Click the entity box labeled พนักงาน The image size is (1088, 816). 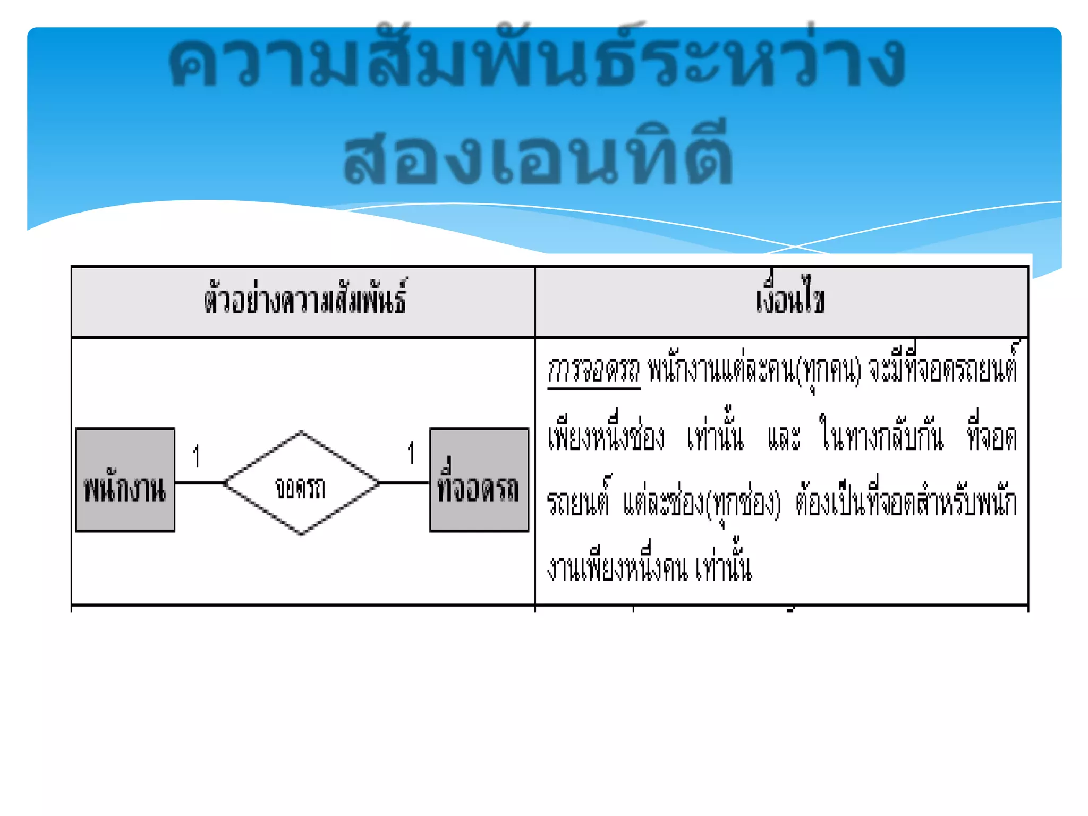[125, 480]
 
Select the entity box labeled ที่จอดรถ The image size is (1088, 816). [479, 480]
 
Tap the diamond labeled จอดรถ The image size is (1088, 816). [301, 483]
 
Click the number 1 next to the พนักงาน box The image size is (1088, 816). [197, 456]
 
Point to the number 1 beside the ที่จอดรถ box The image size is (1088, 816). [411, 454]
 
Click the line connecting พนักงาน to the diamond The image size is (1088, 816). [200, 482]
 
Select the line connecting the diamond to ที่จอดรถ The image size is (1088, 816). [404, 482]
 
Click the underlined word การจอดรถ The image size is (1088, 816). [593, 370]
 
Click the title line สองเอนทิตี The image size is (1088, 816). [538, 158]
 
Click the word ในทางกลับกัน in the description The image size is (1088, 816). [882, 437]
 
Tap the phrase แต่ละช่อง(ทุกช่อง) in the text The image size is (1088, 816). [702, 503]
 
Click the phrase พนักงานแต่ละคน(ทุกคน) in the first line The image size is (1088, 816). [754, 370]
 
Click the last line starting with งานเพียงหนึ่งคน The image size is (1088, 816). [649, 567]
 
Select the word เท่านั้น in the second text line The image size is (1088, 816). [715, 437]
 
